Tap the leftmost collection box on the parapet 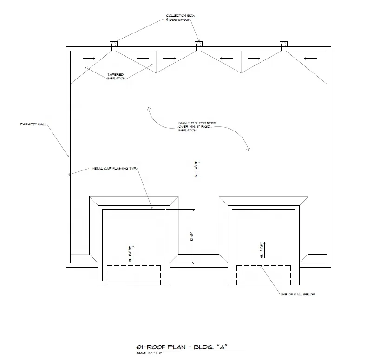coord(113,45)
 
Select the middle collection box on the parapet coord(198,45)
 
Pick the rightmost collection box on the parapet coord(283,45)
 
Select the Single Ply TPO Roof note coord(197,126)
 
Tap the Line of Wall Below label coord(297,295)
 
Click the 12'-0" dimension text coord(192,237)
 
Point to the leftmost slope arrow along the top coord(90,58)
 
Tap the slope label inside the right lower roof coord(262,249)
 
